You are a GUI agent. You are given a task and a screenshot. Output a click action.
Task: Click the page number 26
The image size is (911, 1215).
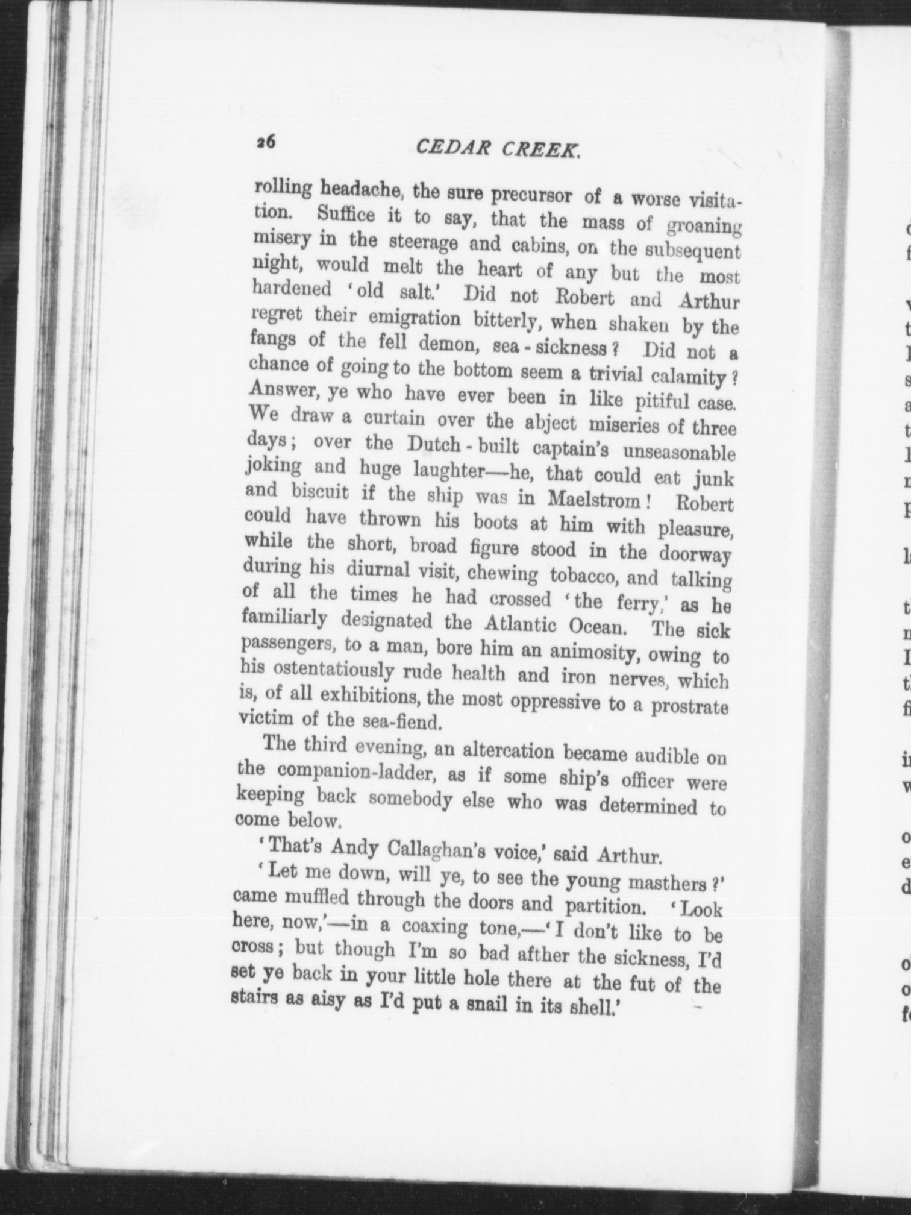265,142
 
